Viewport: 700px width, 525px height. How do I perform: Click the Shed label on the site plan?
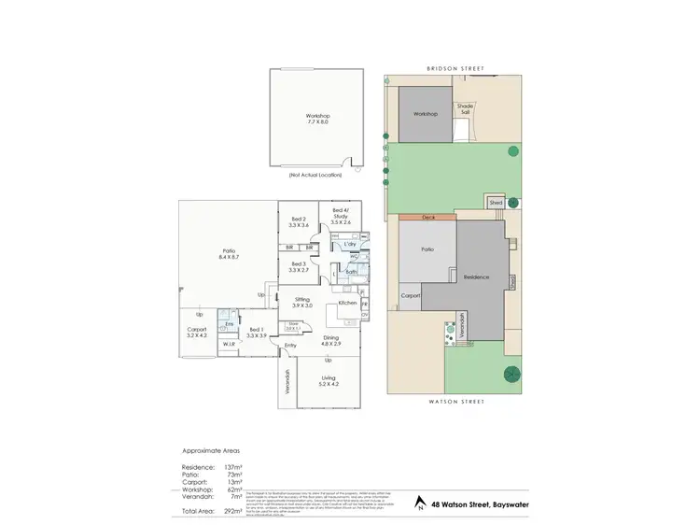497,203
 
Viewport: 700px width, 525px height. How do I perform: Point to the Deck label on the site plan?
428,217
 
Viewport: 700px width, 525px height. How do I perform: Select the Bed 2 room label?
298,222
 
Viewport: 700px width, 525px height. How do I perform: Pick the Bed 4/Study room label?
341,219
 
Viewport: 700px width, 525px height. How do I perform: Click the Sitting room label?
301,303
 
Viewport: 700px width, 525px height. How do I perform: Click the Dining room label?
332,338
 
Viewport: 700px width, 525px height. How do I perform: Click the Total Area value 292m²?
233,512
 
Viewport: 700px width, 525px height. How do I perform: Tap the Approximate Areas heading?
210,449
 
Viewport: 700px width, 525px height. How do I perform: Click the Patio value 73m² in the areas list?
233,475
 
